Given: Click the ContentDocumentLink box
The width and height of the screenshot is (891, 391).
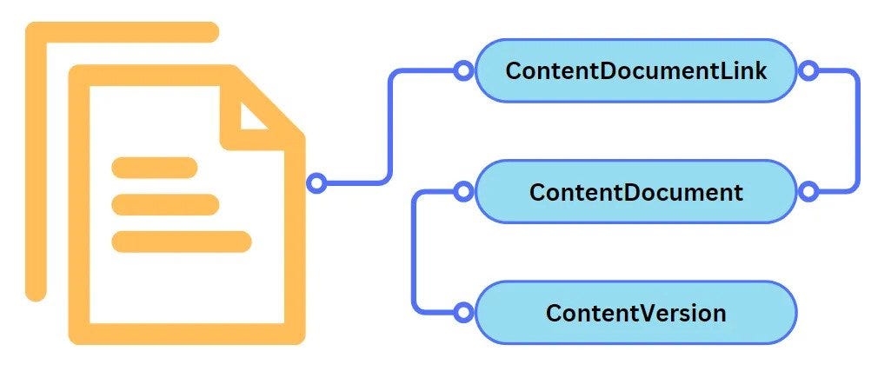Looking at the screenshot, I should click(635, 70).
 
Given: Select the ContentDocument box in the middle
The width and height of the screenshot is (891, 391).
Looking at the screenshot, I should click(635, 191).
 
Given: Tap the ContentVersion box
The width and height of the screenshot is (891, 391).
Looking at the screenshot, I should click(635, 312).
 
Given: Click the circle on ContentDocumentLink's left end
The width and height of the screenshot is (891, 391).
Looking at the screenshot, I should click(463, 70).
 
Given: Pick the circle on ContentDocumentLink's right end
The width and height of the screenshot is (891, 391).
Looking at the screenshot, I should click(808, 70).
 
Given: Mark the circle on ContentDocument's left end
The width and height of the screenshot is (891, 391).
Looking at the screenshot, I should click(463, 190).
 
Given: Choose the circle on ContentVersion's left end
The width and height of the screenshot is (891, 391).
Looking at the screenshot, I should click(463, 311).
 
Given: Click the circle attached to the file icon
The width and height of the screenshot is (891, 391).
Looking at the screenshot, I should click(317, 183).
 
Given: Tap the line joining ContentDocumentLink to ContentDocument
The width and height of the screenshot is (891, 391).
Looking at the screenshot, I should click(857, 130).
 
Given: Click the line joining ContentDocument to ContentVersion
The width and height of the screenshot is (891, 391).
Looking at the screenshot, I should click(415, 252).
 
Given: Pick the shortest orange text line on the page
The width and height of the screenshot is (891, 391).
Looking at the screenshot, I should click(155, 167).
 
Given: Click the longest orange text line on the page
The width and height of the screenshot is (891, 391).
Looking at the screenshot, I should click(182, 242).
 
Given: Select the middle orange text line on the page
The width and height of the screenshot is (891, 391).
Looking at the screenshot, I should click(165, 204).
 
